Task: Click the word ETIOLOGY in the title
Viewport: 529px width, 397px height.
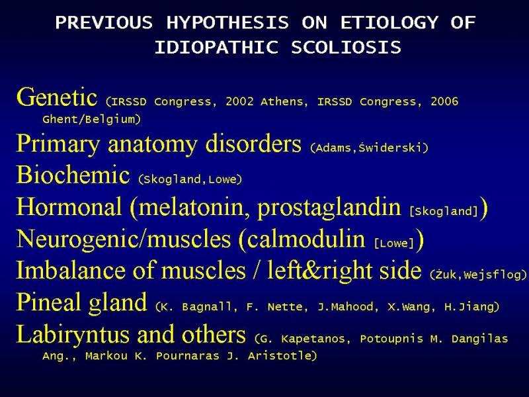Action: point(389,23)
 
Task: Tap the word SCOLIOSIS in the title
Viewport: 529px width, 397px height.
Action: point(346,47)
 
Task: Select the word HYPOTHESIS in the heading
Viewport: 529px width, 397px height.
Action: point(227,23)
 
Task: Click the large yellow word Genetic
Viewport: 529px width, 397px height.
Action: point(57,97)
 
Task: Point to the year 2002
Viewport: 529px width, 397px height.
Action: point(239,102)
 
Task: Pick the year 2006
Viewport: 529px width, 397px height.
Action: point(444,102)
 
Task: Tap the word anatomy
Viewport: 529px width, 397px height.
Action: point(153,144)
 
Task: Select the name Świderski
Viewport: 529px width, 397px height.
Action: point(390,148)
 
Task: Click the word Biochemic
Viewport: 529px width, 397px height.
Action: point(73,175)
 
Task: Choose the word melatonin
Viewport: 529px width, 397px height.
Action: point(191,206)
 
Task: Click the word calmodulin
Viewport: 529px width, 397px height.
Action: point(306,239)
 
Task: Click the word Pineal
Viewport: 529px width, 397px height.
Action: point(48,302)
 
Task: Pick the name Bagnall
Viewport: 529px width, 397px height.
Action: point(206,307)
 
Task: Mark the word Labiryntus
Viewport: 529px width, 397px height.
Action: point(73,335)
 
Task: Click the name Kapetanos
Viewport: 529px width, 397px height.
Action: point(313,339)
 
